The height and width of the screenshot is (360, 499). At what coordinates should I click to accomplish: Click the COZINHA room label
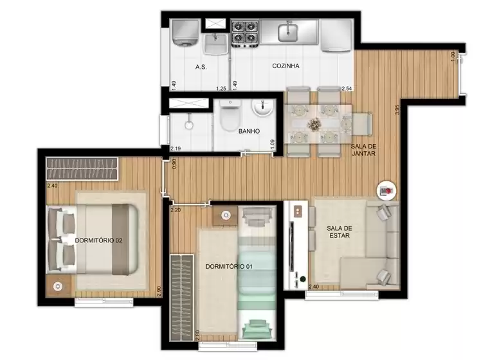click(x=286, y=66)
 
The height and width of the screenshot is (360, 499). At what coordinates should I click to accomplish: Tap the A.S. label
click(x=200, y=66)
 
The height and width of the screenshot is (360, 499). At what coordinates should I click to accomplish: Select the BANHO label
click(x=249, y=130)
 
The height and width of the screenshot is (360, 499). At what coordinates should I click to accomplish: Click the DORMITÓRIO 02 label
click(x=98, y=240)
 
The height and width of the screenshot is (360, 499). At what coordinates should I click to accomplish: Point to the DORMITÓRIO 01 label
click(x=228, y=266)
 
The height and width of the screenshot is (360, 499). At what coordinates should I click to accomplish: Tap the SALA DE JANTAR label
click(x=365, y=150)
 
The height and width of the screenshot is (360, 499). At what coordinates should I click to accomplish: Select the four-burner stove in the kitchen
click(x=244, y=34)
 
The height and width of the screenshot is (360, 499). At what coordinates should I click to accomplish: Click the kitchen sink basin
click(x=287, y=30)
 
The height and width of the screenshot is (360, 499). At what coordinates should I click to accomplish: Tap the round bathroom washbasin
click(x=262, y=110)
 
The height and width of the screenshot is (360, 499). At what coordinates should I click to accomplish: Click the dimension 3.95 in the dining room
click(x=399, y=109)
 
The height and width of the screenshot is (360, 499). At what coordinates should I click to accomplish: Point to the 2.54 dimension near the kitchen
click(x=347, y=88)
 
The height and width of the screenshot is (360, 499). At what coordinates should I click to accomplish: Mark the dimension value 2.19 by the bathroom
click(x=175, y=148)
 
